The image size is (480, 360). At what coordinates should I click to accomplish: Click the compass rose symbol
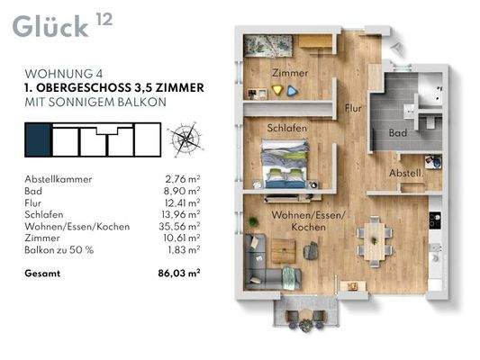tap(186, 139)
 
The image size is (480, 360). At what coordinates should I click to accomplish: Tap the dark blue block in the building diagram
tap(38, 139)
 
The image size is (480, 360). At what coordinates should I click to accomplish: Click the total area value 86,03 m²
tap(179, 273)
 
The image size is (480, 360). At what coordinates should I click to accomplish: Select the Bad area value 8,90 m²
tap(182, 191)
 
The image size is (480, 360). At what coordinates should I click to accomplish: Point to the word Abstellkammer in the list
tap(59, 179)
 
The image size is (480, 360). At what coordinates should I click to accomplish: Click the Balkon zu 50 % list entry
tap(59, 250)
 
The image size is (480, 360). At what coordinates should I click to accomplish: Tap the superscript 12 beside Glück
tap(104, 20)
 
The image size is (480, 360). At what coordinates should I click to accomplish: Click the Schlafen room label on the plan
tap(286, 128)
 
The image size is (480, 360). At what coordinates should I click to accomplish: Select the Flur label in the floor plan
tap(353, 108)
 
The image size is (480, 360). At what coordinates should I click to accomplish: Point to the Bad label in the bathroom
tap(398, 132)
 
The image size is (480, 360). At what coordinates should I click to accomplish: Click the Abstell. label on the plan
tap(406, 173)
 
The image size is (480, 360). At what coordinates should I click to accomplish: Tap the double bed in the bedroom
tap(285, 164)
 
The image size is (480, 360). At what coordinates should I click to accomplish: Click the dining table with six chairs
tap(374, 241)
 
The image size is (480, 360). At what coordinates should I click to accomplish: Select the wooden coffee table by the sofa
tap(284, 251)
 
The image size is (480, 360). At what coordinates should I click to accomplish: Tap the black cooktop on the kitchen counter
tap(435, 220)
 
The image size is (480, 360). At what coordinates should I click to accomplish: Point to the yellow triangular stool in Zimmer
tap(277, 90)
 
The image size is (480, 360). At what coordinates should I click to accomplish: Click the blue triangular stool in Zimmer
tap(293, 91)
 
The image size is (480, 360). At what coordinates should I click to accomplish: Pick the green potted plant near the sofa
tap(253, 221)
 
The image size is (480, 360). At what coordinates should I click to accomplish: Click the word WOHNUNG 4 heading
tap(64, 74)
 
